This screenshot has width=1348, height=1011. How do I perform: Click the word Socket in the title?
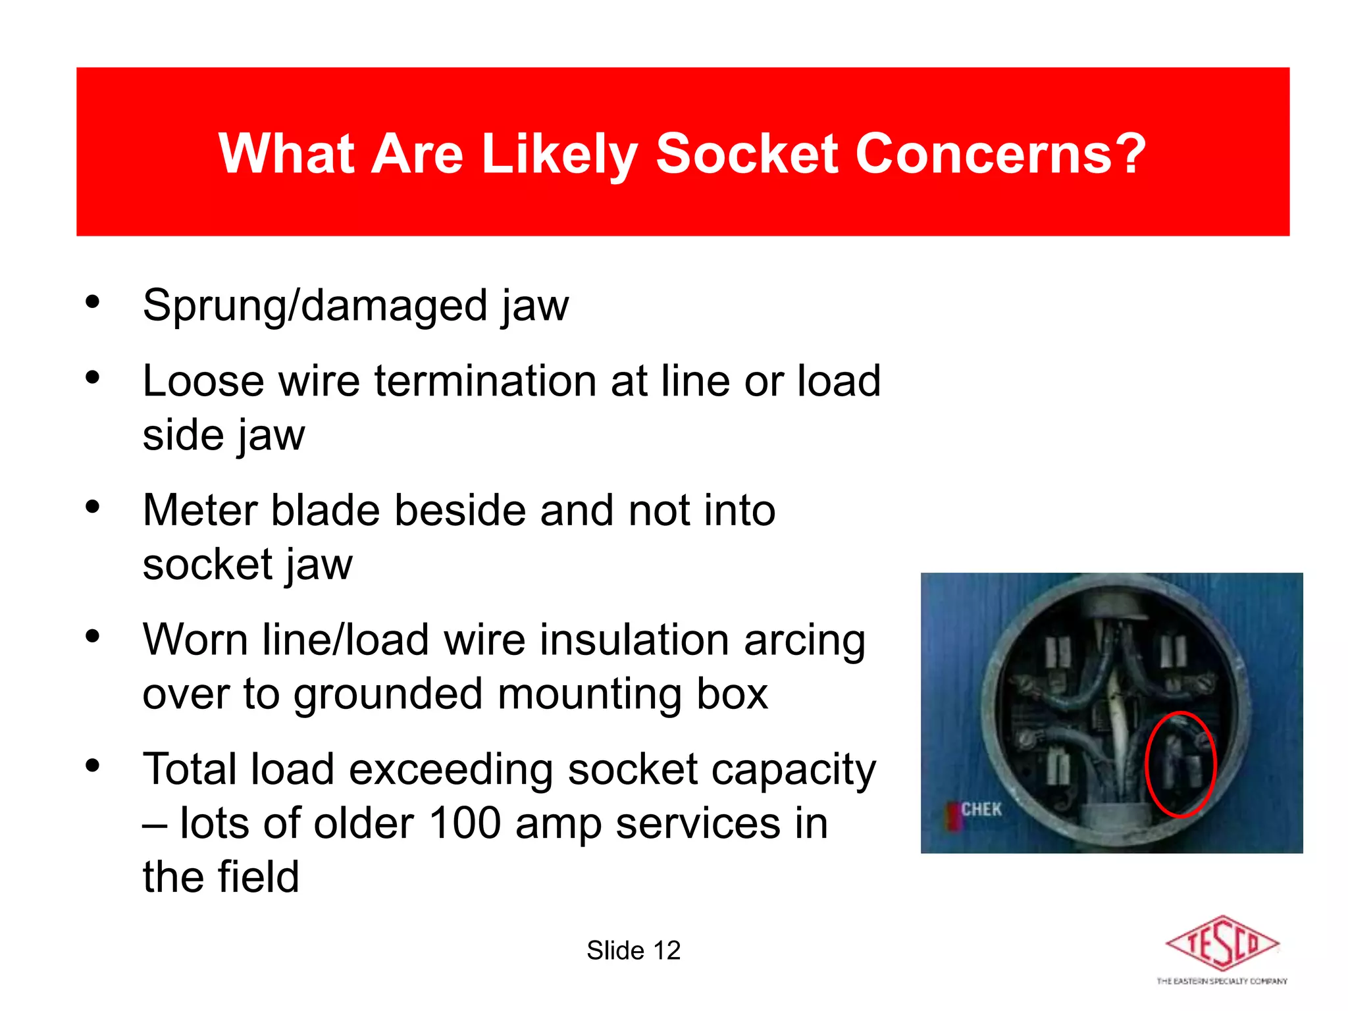(746, 153)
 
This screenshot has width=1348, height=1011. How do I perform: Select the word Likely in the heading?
(559, 155)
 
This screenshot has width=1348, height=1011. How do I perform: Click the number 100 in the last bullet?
(465, 823)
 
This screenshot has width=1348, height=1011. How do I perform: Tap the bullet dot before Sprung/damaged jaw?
(93, 302)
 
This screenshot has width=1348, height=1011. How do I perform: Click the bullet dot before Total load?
(93, 765)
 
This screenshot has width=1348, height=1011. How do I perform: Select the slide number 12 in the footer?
(666, 950)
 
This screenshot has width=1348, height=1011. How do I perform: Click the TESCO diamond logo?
(1222, 944)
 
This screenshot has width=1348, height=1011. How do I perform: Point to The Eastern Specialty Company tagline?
(1222, 981)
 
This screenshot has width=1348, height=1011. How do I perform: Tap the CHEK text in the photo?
(981, 809)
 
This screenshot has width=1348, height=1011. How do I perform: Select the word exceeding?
(450, 770)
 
